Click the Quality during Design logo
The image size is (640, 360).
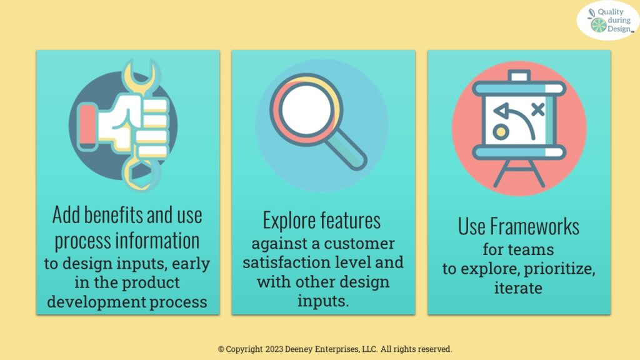tap(607, 21)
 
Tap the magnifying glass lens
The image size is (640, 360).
tap(306, 110)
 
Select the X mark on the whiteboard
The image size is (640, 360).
tap(538, 109)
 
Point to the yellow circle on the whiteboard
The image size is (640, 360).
tap(501, 132)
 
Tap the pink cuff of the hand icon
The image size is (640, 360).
tap(87, 126)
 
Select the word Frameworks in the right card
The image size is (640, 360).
tap(534, 226)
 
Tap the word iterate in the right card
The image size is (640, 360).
tap(518, 288)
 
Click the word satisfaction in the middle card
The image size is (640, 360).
tap(286, 262)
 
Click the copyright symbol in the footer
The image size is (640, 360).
tap(221, 349)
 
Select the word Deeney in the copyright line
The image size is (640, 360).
tap(299, 349)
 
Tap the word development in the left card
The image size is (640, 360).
tap(96, 302)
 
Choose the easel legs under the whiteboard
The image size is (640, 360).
tap(519, 173)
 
